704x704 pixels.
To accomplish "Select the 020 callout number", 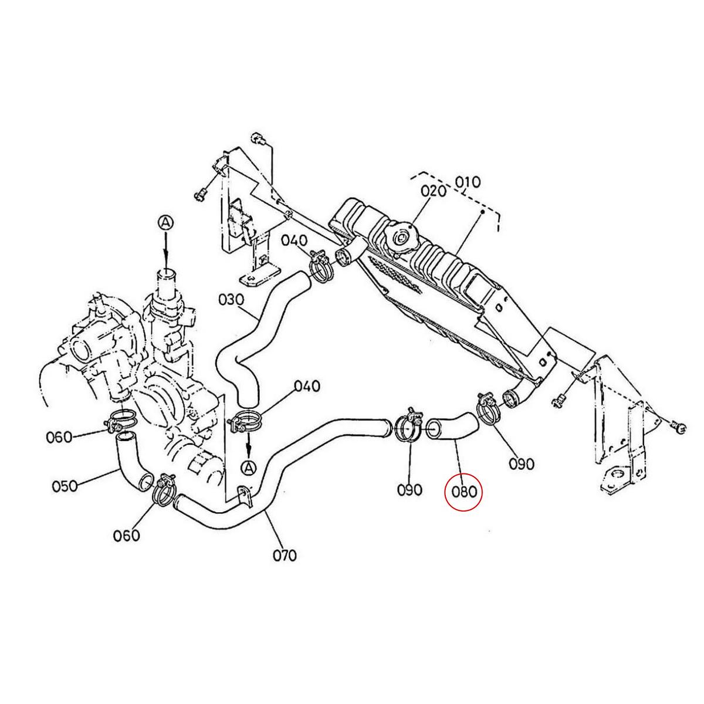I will pyautogui.click(x=434, y=191).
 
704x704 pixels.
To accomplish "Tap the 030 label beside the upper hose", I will pyautogui.click(x=231, y=300).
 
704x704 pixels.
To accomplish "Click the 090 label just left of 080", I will pyautogui.click(x=409, y=489).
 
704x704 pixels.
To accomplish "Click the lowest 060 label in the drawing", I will pyautogui.click(x=127, y=536).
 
